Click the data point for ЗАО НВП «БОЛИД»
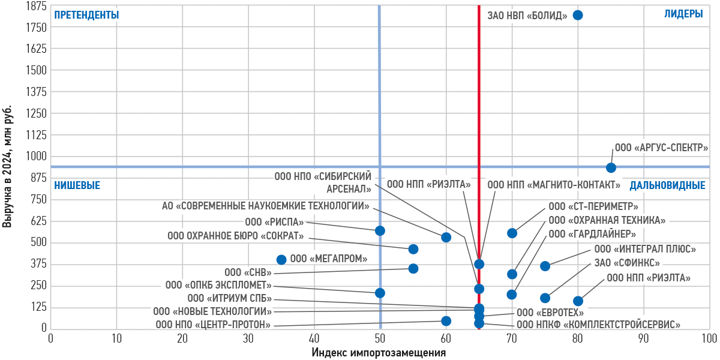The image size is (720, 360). (578, 15)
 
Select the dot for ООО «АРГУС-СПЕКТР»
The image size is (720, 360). (611, 168)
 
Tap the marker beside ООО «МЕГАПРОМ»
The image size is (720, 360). (281, 260)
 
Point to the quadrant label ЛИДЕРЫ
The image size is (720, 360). (683, 14)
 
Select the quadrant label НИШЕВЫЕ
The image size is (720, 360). (77, 185)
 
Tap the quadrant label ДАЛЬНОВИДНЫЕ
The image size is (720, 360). (667, 185)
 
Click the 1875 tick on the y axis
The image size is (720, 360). (37, 6)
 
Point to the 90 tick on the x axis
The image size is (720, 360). (643, 338)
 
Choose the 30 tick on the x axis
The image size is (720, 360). (248, 338)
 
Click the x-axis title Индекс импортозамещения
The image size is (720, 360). (379, 352)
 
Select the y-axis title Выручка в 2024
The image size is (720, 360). (8, 167)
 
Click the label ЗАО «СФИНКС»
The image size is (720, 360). (627, 263)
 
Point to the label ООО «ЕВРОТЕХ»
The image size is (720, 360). (550, 312)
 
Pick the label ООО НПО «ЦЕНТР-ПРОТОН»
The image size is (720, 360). (213, 325)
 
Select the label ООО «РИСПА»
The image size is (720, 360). (274, 222)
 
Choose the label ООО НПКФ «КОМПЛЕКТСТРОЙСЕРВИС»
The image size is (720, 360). (598, 325)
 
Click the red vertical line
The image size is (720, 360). (479, 90)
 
